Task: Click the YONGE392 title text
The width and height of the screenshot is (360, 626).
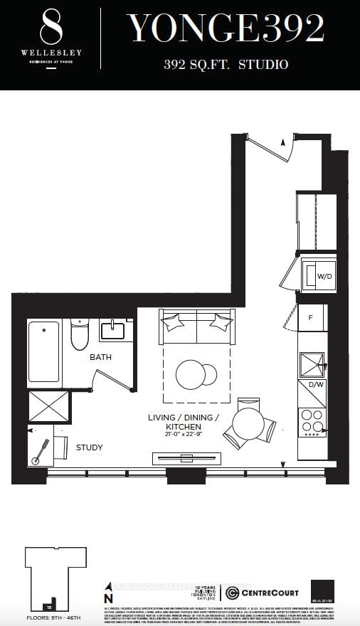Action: pyautogui.click(x=226, y=29)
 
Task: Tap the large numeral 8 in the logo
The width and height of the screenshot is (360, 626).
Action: pyautogui.click(x=51, y=28)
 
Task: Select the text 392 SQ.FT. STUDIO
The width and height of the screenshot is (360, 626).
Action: pyautogui.click(x=226, y=65)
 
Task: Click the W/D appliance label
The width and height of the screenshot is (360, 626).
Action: pyautogui.click(x=324, y=276)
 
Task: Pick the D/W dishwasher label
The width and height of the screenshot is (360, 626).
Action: pyautogui.click(x=312, y=385)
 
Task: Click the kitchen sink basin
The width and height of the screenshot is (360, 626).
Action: pyautogui.click(x=312, y=364)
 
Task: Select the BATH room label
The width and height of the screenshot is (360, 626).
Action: pyautogui.click(x=100, y=357)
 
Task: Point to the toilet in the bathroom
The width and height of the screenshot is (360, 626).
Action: pyautogui.click(x=79, y=337)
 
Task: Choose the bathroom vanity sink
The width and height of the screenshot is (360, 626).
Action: pyautogui.click(x=113, y=331)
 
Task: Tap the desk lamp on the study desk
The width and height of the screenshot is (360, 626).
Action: pyautogui.click(x=41, y=450)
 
